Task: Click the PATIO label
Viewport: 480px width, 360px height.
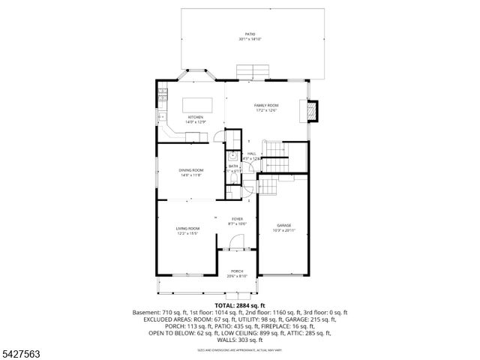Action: [250, 34]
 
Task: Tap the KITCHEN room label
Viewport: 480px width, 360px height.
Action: [195, 117]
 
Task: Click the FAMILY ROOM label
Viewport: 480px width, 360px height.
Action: [265, 105]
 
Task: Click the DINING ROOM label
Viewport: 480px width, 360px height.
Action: [190, 170]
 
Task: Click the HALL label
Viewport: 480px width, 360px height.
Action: [251, 154]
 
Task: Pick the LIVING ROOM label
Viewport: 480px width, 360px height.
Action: [187, 228]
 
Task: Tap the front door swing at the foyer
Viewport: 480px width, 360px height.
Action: [235, 241]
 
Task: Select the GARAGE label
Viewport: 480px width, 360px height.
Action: [283, 225]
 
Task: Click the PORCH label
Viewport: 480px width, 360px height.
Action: [237, 271]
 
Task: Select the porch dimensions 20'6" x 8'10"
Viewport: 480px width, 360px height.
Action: [237, 277]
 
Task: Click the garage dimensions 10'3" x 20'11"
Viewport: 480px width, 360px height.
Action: [283, 230]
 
